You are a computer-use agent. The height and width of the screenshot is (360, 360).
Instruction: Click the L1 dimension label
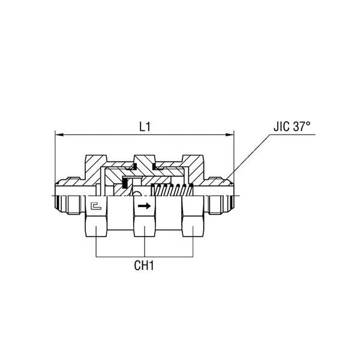click(x=144, y=127)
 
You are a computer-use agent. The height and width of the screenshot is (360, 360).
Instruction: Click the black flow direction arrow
click(x=144, y=207)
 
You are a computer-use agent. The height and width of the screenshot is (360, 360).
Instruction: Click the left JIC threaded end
click(x=66, y=198)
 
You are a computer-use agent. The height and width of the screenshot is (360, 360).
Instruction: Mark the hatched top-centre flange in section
click(x=145, y=161)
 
